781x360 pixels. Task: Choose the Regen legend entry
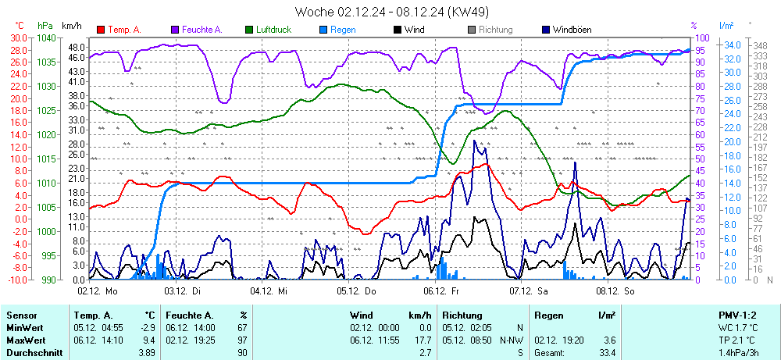coord(343,30)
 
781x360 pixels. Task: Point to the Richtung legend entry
coord(495,30)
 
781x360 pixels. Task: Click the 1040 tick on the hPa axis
coord(46,38)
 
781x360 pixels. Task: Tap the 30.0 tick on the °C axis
coord(17,38)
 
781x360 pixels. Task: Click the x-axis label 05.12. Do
coord(357,290)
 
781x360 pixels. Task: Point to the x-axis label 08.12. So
coord(617,290)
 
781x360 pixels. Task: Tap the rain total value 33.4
coord(607,354)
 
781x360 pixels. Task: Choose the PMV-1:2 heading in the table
coord(735,315)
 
